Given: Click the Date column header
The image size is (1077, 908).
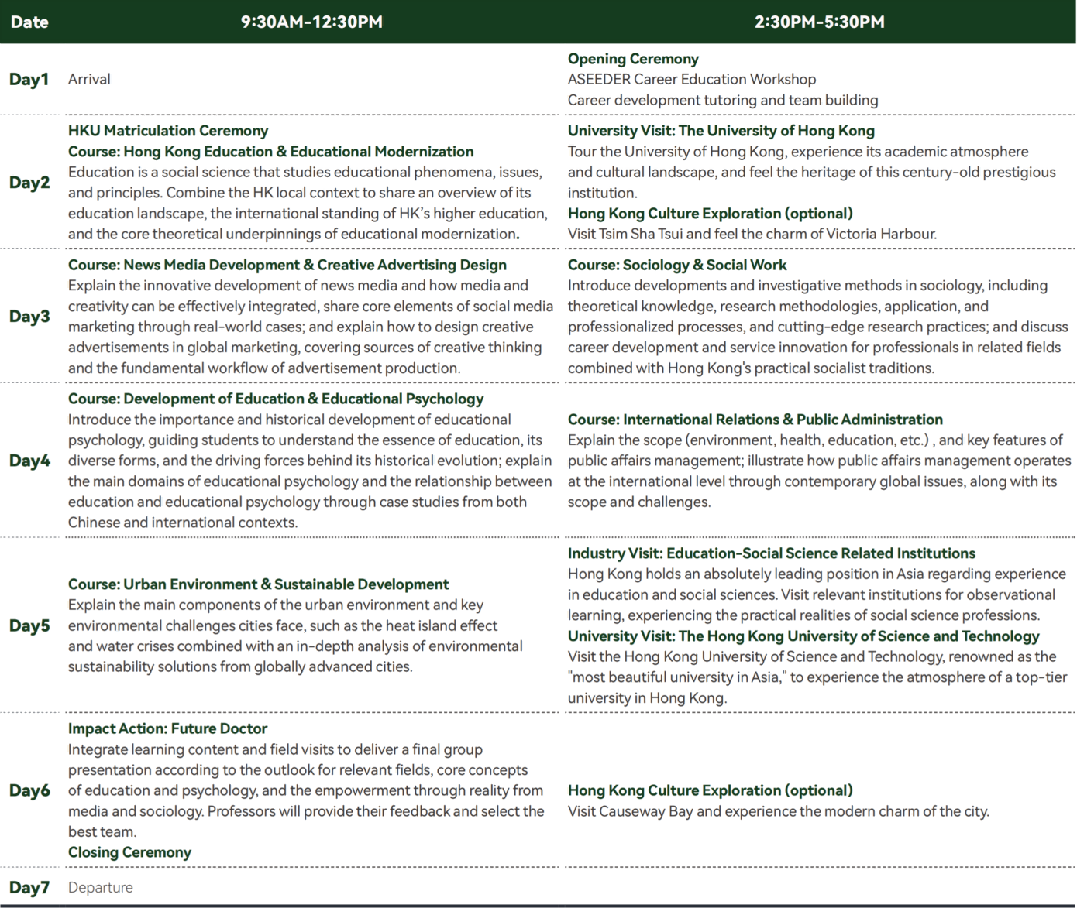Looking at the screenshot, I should click(x=29, y=22).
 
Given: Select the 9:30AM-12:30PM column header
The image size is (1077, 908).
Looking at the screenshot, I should click(x=311, y=22).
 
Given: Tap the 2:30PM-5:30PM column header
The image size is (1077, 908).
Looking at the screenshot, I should click(x=819, y=22).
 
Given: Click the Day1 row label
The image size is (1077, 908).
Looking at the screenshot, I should click(x=29, y=79).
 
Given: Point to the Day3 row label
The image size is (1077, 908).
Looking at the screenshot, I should click(x=29, y=316).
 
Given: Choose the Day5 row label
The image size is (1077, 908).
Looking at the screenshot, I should click(x=29, y=625).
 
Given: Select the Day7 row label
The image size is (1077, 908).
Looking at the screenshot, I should click(x=29, y=887).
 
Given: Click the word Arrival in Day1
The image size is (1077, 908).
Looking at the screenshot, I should click(x=89, y=79).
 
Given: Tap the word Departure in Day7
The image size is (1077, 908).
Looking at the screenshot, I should click(x=100, y=887).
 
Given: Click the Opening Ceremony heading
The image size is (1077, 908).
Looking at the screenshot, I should click(x=633, y=59).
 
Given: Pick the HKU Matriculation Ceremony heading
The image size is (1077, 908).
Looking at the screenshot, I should click(x=168, y=131).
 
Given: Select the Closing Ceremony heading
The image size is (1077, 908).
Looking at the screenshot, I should click(x=129, y=852).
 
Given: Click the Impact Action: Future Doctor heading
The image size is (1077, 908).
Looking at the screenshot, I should click(x=167, y=728).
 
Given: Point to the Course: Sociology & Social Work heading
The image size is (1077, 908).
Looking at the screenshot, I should click(x=676, y=265).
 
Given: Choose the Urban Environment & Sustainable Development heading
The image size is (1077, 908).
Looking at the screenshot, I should click(x=286, y=584).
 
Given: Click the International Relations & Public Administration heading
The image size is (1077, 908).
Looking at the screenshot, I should click(x=783, y=420).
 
